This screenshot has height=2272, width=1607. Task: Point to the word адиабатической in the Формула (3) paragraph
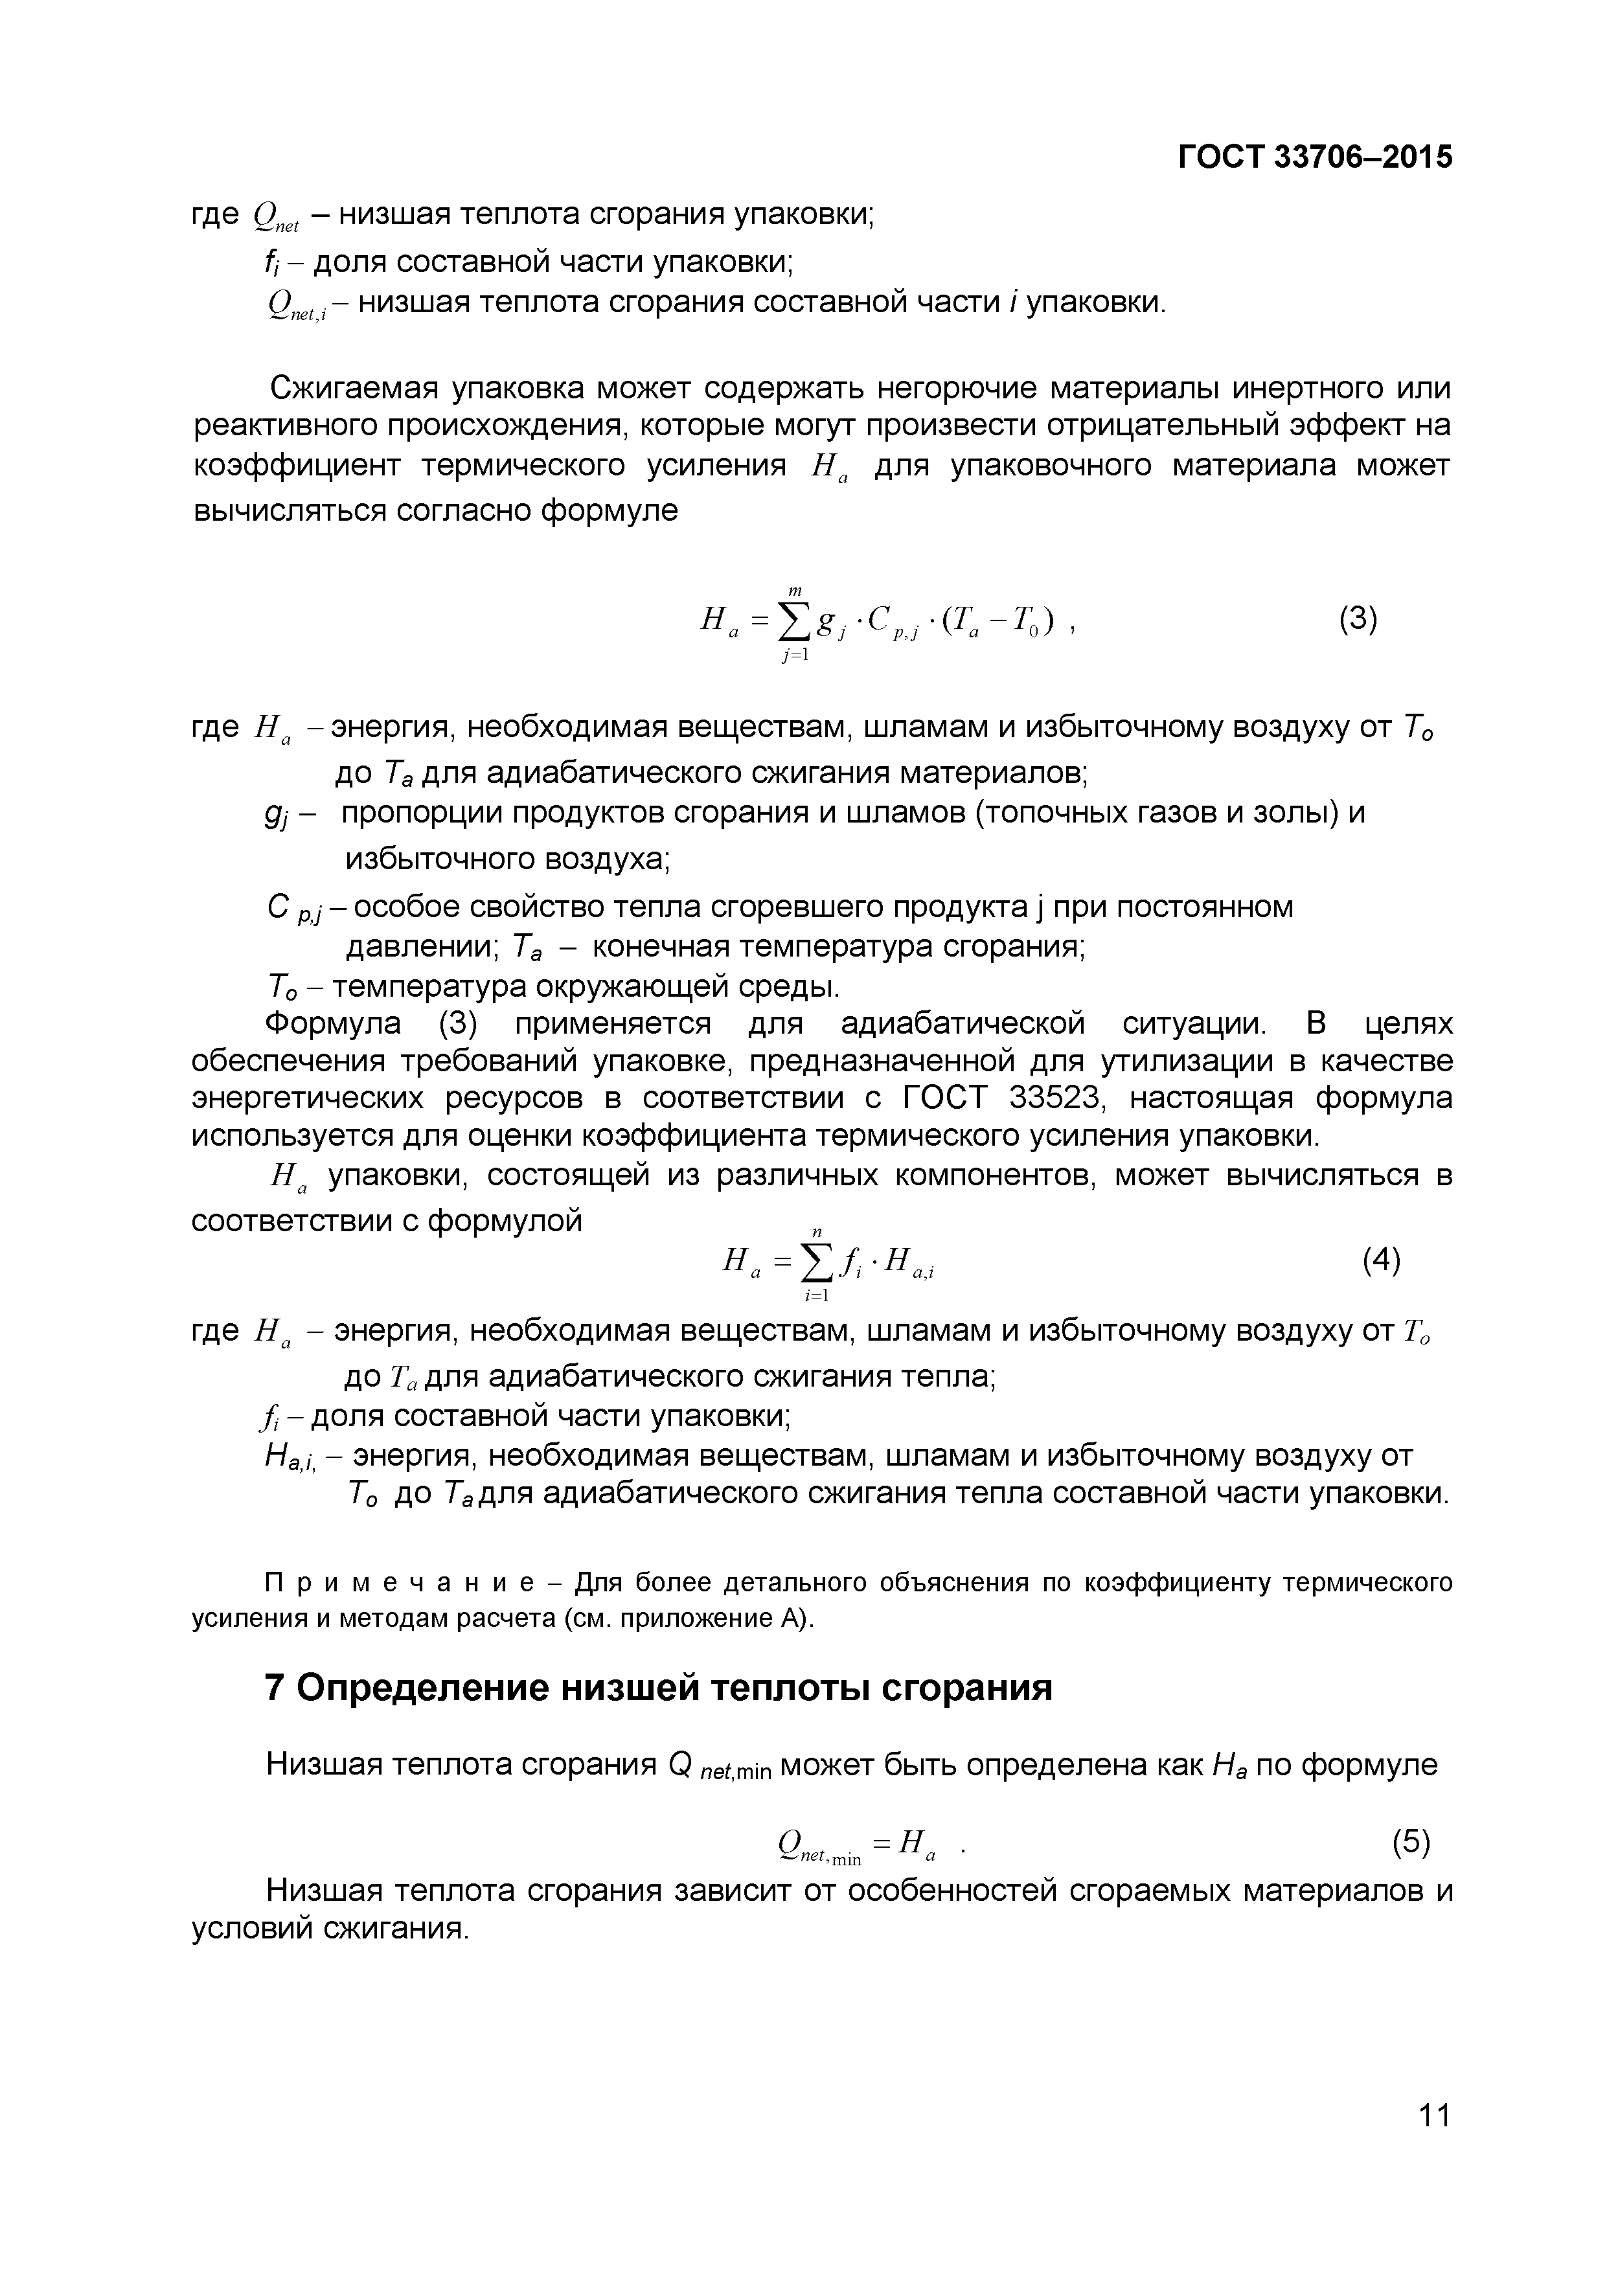[x=963, y=1023]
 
